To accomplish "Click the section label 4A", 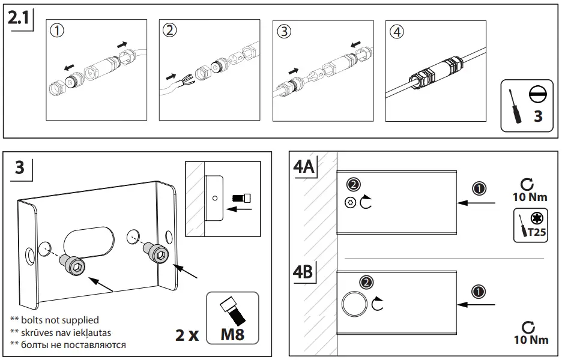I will [x=304, y=166].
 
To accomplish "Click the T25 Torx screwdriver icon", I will [x=531, y=226].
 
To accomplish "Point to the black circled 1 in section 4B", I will [x=479, y=292].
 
